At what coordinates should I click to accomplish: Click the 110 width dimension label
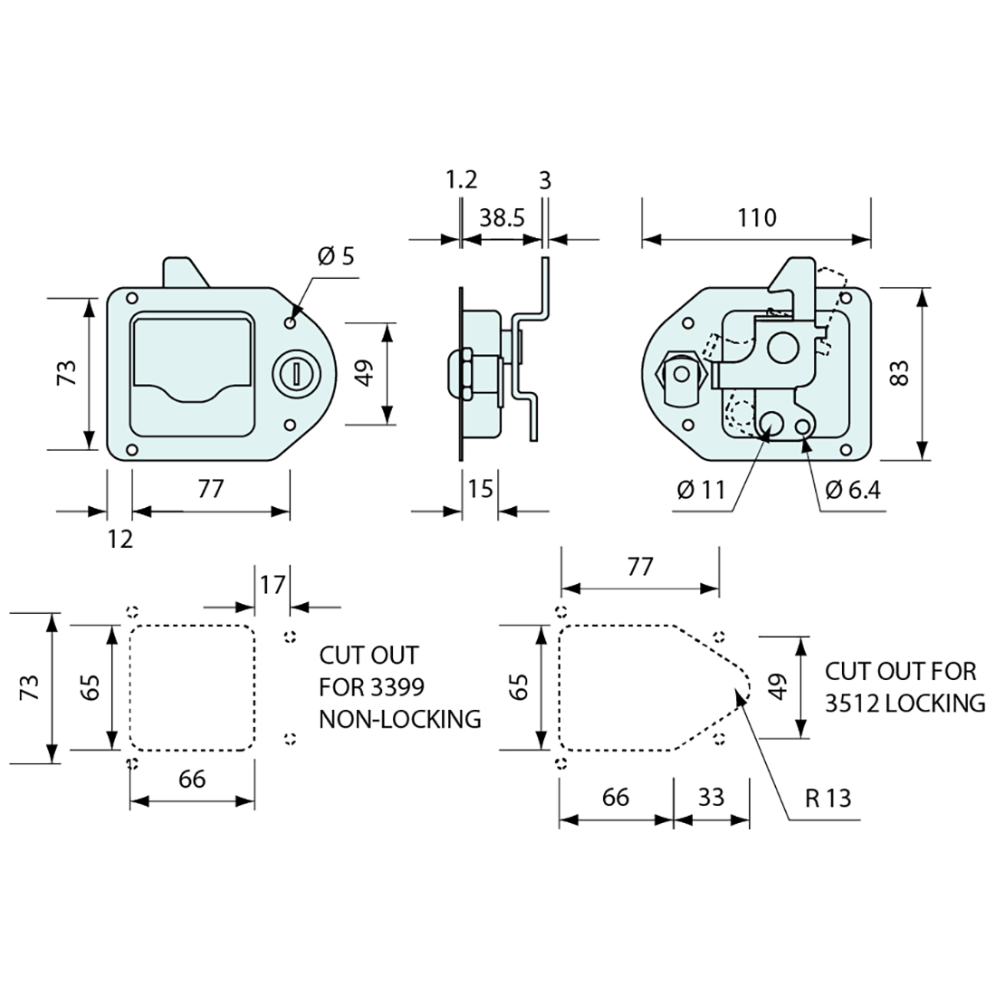coord(757,218)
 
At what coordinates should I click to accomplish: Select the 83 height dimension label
coord(898,373)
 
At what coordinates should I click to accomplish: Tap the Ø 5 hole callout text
coord(336,256)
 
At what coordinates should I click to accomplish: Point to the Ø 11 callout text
coord(701,490)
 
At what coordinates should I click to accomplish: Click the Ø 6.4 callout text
coord(853,490)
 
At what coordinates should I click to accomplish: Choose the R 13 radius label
coord(828,798)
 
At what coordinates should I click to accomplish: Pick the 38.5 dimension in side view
coord(502,218)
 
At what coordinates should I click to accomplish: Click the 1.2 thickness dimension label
coord(460,179)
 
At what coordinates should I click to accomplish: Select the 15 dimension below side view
coord(481,489)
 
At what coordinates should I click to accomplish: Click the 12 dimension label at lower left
coord(120,540)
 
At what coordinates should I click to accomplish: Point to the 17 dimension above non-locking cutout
coord(272,584)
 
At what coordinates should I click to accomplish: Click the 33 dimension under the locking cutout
coord(712,797)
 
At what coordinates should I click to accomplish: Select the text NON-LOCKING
coord(399,719)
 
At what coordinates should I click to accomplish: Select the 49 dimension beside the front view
coord(364,373)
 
